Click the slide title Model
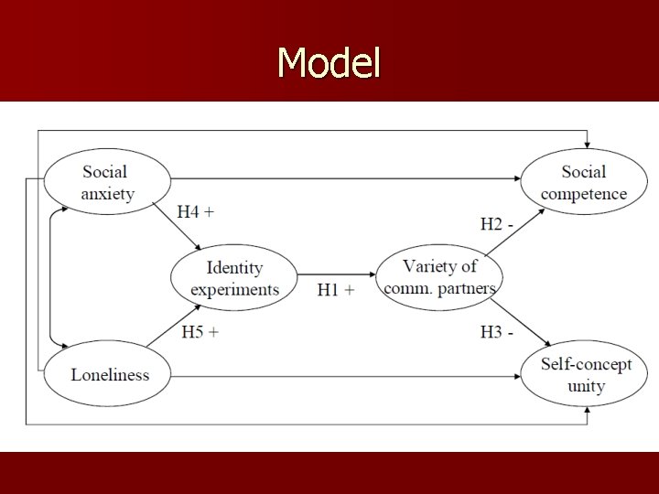coord(329,63)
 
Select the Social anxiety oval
coord(107,182)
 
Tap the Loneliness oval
coord(109,373)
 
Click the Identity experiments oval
coord(235,278)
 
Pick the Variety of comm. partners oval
coord(440,276)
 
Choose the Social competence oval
coord(583,182)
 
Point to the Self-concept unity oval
coord(585,375)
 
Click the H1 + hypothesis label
coord(335,289)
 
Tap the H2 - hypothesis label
coord(496,223)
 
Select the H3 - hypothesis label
coord(496,332)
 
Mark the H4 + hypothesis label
coord(196,212)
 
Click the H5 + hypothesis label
coord(200,331)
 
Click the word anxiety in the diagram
coord(107,193)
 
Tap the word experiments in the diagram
coord(235,289)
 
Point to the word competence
coord(583,193)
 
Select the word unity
coord(586,386)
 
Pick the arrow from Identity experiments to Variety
coord(337,274)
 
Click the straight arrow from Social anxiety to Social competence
coord(348,178)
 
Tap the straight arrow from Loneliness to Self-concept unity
coord(348,375)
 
